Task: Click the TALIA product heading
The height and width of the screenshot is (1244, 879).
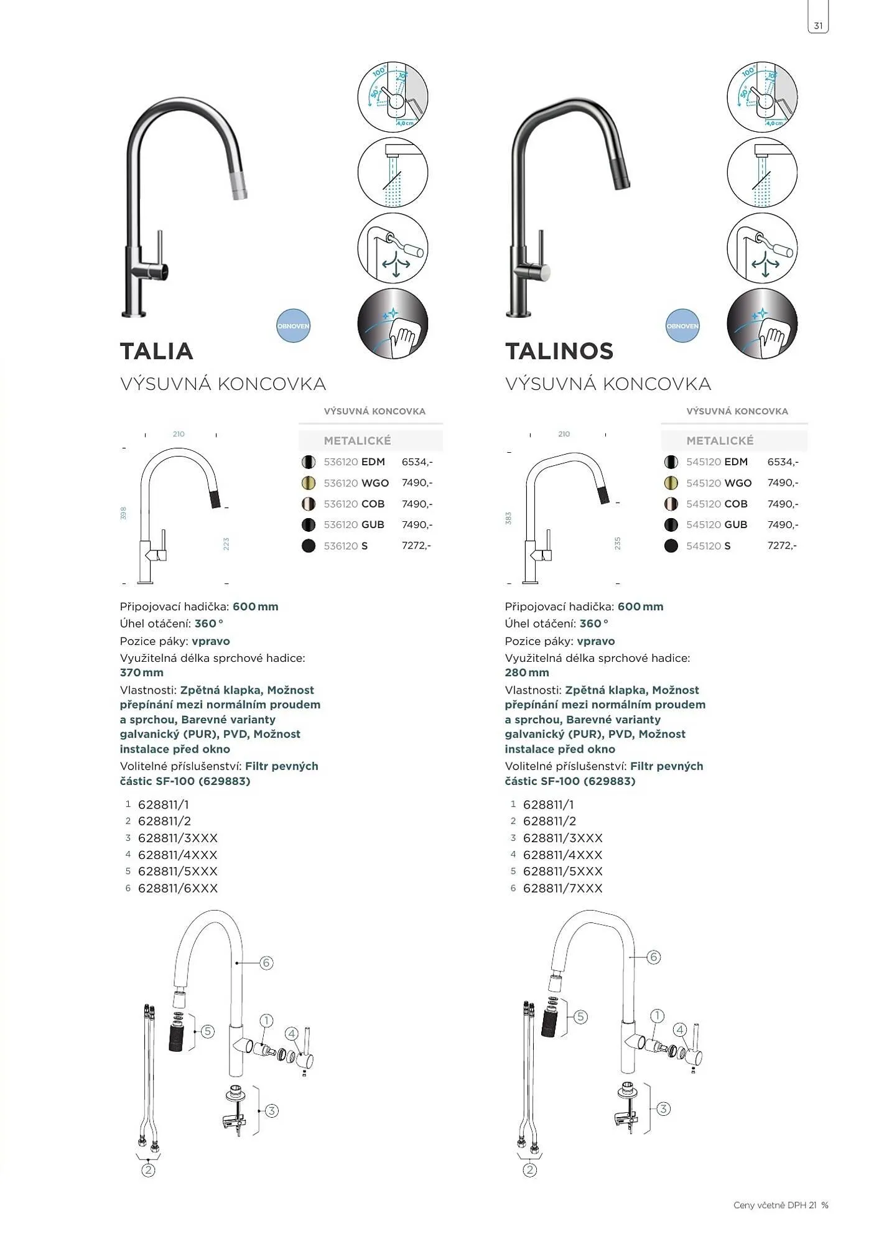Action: pos(157,351)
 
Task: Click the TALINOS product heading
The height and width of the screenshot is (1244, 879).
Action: pos(559,351)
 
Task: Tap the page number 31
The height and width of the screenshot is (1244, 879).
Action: pos(818,26)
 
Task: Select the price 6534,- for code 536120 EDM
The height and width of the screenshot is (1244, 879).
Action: pos(417,462)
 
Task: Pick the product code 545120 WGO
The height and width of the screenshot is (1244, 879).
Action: pos(719,483)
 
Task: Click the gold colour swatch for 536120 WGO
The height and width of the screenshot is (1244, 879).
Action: pos(309,483)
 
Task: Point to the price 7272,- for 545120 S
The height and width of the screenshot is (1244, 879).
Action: pos(782,545)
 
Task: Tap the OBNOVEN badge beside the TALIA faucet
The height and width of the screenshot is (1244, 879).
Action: pos(293,326)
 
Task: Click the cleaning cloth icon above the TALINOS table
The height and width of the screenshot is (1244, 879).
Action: pos(762,324)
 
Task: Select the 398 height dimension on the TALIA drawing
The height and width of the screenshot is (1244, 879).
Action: pos(123,514)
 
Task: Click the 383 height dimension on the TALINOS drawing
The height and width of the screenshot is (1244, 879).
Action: pos(508,518)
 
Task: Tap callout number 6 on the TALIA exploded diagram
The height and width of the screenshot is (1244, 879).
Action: pos(266,963)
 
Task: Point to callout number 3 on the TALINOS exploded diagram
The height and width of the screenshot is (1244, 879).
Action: pos(664,1109)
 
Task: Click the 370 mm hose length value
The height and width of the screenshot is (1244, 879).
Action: pos(142,673)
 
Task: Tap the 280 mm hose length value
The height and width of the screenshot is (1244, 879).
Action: pos(527,673)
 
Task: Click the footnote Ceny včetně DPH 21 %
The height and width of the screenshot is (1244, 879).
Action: pos(781,1205)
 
